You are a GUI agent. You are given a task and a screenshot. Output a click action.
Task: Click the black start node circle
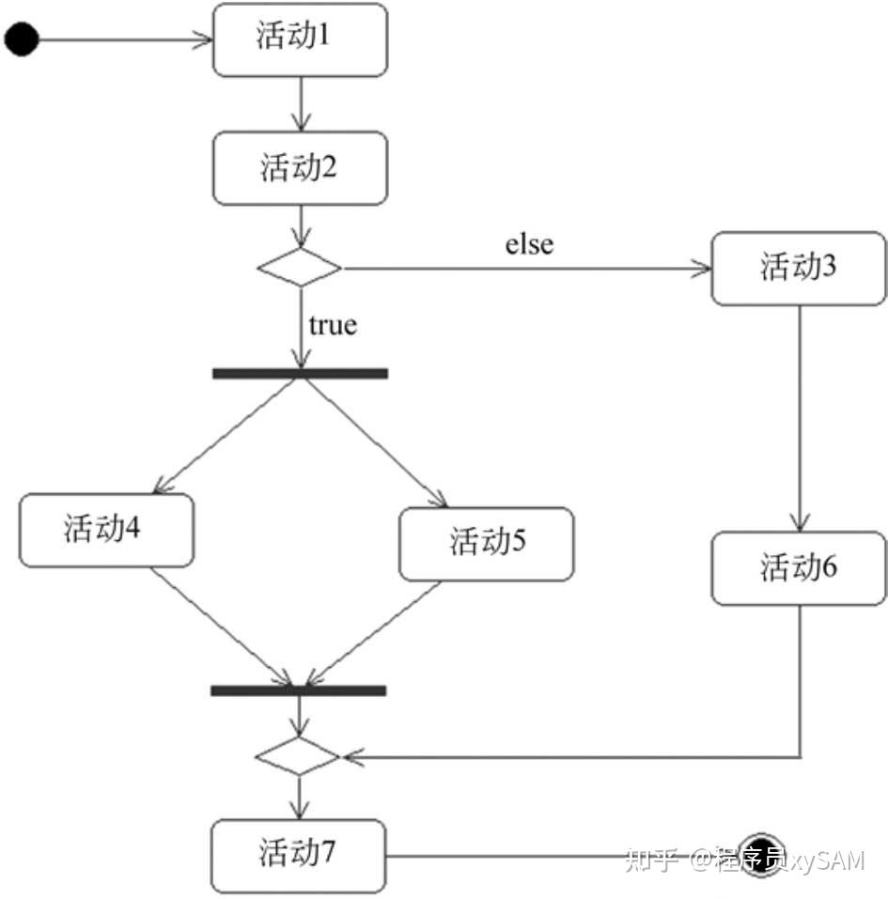tap(22, 39)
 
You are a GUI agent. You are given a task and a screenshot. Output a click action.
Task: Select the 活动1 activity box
tap(300, 39)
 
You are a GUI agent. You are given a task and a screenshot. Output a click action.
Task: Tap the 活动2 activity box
tap(300, 168)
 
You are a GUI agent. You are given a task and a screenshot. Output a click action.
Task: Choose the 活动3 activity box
tap(799, 269)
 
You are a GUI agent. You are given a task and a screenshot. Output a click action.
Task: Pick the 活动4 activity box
tap(107, 531)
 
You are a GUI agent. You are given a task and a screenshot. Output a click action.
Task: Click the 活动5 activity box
tap(487, 544)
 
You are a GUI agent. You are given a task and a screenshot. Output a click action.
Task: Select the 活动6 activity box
tap(799, 568)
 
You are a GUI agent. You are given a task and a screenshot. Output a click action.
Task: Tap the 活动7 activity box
tap(298, 856)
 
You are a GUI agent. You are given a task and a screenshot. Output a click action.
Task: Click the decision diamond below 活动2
tap(300, 267)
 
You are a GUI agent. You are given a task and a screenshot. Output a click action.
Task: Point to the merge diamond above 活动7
tap(298, 756)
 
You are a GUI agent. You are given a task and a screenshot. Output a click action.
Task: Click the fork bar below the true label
tap(300, 373)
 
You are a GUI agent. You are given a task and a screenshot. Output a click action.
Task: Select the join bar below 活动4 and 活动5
tap(298, 690)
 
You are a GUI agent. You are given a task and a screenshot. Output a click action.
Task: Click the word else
tap(529, 244)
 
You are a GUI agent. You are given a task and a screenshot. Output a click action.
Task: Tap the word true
tap(333, 325)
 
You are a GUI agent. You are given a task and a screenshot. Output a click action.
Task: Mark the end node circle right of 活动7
tap(760, 856)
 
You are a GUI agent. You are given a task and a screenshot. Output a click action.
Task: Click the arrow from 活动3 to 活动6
tap(800, 418)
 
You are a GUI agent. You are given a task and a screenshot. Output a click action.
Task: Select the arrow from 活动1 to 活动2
tap(301, 103)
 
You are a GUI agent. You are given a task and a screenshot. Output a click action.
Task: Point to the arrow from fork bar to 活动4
tap(225, 436)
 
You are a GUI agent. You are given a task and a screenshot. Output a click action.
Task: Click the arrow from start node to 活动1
tap(126, 39)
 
